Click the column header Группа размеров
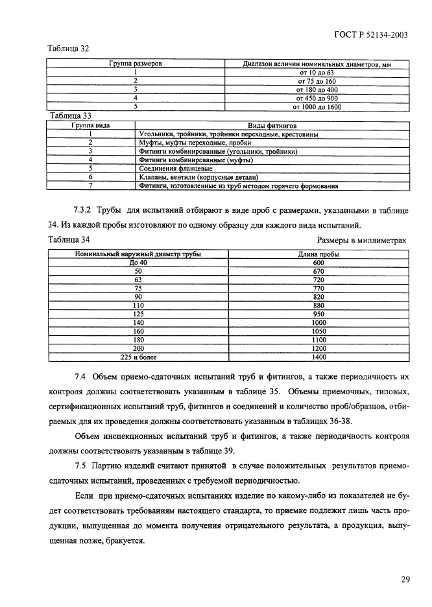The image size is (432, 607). click(136, 64)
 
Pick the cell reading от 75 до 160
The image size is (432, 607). click(318, 81)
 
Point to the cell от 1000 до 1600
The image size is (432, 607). click(318, 106)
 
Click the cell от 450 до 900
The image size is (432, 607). click(318, 98)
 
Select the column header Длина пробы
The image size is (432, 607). click(318, 254)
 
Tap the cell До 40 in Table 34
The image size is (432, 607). click(139, 263)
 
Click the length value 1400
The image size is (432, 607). click(318, 356)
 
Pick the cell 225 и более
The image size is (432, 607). click(139, 356)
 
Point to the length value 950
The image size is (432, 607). click(318, 313)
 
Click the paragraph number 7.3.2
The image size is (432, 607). click(85, 211)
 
